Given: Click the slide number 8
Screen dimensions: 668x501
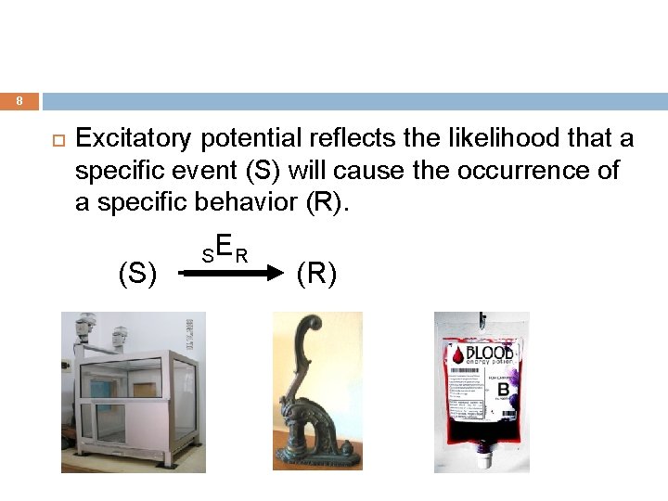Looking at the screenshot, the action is [19, 101].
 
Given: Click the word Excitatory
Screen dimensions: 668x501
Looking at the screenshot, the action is [134, 139].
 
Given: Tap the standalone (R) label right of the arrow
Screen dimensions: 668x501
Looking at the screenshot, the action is [316, 275].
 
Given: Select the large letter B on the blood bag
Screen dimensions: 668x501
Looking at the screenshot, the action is [502, 390].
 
